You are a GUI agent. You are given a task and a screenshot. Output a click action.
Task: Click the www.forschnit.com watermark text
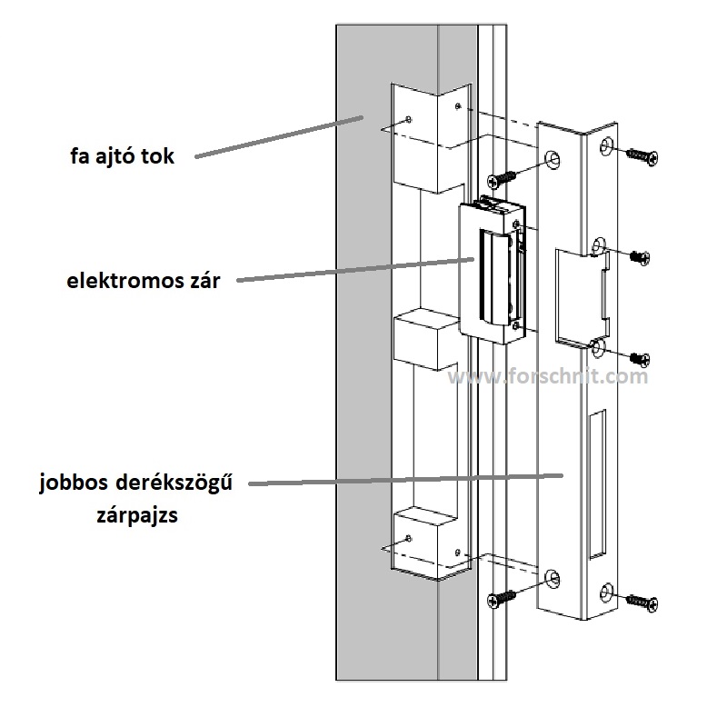tap(550, 375)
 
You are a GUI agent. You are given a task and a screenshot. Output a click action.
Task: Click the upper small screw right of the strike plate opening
tap(639, 258)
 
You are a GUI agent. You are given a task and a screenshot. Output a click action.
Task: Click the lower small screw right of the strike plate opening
tap(639, 356)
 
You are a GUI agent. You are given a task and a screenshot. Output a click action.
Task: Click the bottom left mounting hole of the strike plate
tap(552, 576)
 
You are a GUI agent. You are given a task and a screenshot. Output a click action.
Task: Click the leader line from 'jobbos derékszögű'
tap(409, 480)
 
